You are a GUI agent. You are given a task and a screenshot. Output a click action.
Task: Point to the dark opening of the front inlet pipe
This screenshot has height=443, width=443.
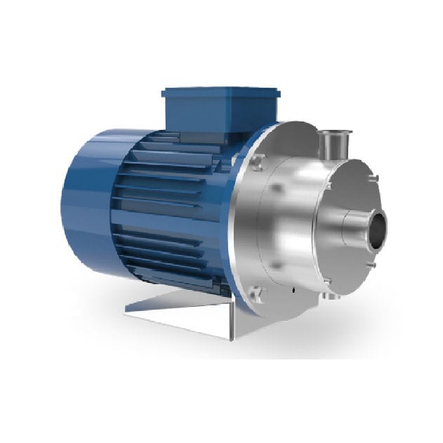tap(377, 227)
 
